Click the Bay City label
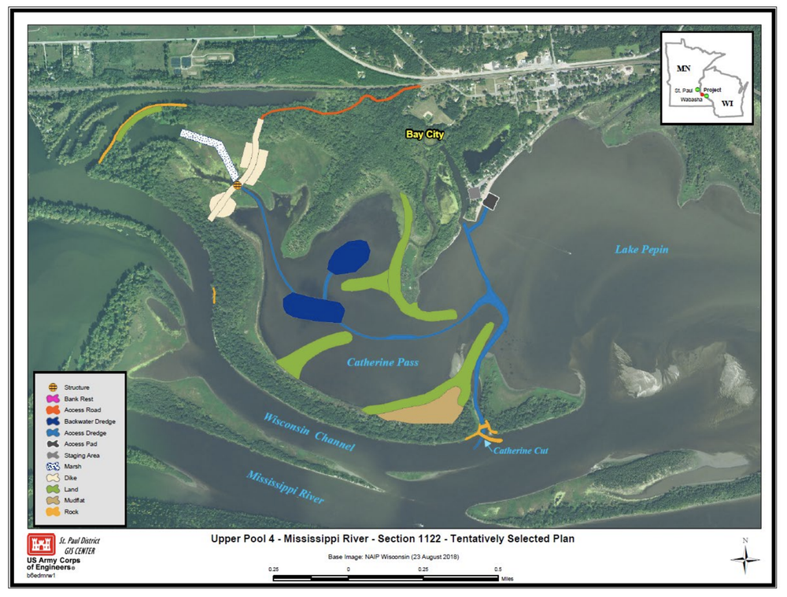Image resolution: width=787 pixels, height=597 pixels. [425, 135]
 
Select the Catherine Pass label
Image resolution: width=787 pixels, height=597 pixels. [382, 363]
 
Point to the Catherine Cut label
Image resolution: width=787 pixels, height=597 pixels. [520, 451]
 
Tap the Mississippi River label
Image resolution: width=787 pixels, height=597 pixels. [285, 488]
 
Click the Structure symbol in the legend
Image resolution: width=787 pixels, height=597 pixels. [53, 387]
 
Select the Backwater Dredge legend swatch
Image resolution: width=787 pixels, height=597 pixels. [53, 421]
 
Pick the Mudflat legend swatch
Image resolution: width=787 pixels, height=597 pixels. [53, 501]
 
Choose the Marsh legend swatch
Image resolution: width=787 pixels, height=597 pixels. [53, 467]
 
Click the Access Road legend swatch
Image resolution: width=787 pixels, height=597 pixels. [53, 410]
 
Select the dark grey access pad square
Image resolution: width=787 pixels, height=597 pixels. [490, 202]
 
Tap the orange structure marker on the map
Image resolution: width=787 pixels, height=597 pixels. [237, 185]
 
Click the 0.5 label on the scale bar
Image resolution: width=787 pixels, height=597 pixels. [497, 569]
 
